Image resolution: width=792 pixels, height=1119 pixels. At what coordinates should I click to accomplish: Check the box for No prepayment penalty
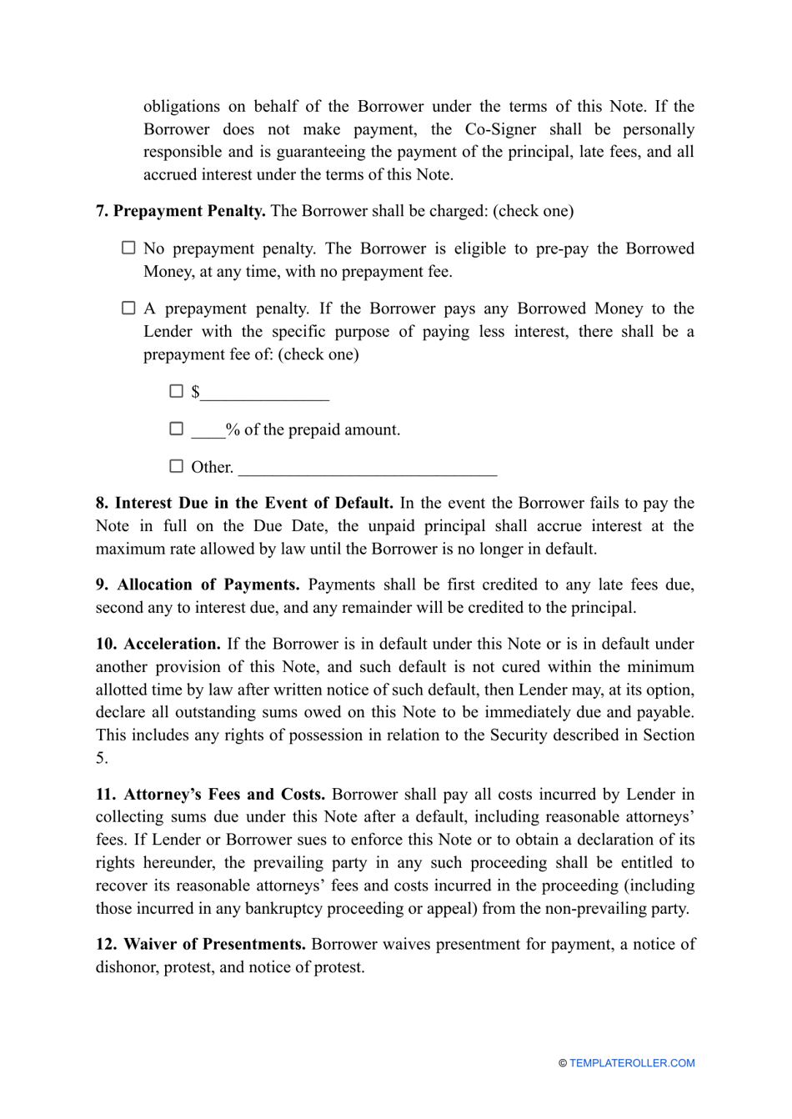pyautogui.click(x=128, y=248)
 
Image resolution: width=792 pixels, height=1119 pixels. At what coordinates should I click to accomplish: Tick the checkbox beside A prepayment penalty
pyautogui.click(x=128, y=308)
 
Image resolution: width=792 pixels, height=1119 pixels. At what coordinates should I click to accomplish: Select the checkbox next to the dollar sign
pyautogui.click(x=176, y=390)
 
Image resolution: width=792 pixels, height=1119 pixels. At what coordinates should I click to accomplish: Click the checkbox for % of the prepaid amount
pyautogui.click(x=176, y=429)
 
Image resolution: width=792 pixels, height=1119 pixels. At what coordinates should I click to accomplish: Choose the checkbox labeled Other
pyautogui.click(x=176, y=466)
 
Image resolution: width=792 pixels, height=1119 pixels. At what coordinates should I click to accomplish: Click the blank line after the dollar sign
pyautogui.click(x=265, y=394)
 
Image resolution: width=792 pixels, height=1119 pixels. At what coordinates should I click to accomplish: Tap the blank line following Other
pyautogui.click(x=368, y=469)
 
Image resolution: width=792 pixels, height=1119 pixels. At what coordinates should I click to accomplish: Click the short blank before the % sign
pyautogui.click(x=208, y=432)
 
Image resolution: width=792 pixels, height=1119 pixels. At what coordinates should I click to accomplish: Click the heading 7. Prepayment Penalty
pyautogui.click(x=181, y=211)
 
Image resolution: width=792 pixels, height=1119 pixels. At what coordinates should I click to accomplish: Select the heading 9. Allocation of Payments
pyautogui.click(x=198, y=585)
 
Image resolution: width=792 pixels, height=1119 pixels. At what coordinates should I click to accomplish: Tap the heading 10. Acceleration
pyautogui.click(x=158, y=644)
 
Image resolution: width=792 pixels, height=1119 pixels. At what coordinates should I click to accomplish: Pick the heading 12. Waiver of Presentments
pyautogui.click(x=201, y=944)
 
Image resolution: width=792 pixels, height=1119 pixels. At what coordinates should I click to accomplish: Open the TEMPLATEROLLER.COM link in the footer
pyautogui.click(x=632, y=1063)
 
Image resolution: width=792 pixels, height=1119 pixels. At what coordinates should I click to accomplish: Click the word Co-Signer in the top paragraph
pyautogui.click(x=500, y=129)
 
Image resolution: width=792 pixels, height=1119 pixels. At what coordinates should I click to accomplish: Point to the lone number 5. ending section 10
pyautogui.click(x=101, y=758)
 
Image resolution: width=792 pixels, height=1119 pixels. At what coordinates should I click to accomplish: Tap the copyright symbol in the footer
pyautogui.click(x=563, y=1063)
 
